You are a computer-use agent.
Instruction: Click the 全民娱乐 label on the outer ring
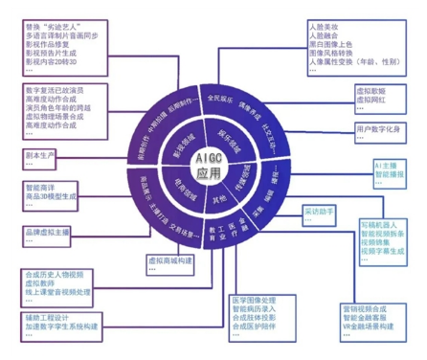click(x=219, y=96)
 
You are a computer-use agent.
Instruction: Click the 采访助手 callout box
click(x=318, y=210)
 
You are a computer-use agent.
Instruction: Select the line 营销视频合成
click(x=365, y=309)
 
